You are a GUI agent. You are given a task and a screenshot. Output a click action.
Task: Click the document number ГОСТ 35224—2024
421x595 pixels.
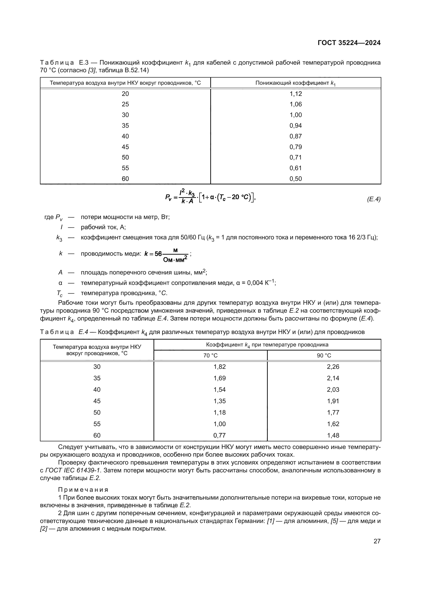click(349, 43)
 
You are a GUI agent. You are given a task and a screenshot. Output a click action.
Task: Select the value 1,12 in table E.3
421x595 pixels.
click(296, 94)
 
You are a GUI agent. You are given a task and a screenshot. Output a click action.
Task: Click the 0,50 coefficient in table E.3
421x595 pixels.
click(296, 179)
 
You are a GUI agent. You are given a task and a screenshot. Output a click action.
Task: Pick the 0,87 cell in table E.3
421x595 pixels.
click(296, 136)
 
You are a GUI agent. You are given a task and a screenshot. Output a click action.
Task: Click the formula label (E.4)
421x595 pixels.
click(374, 199)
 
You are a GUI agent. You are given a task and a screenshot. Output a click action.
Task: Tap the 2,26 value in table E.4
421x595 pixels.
click(333, 367)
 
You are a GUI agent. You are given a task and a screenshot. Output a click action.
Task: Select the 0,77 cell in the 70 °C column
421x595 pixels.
click(219, 435)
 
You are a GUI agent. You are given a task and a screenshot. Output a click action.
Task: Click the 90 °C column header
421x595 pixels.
click(324, 356)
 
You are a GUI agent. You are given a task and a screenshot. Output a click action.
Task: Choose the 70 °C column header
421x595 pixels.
click(210, 356)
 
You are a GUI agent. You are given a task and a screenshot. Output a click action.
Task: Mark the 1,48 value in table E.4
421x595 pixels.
click(333, 435)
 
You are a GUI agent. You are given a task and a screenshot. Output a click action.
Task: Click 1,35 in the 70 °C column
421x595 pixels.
click(219, 401)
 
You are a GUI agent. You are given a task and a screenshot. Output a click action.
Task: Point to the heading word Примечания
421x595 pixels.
click(83, 490)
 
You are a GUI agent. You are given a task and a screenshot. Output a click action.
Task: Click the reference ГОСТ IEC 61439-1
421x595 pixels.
click(73, 470)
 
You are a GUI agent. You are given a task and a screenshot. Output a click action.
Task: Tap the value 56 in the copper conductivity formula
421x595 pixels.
click(158, 254)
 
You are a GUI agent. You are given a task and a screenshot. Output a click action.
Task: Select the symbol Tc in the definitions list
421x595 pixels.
click(60, 293)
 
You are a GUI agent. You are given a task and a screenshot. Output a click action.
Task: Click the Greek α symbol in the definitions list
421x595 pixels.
click(60, 283)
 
